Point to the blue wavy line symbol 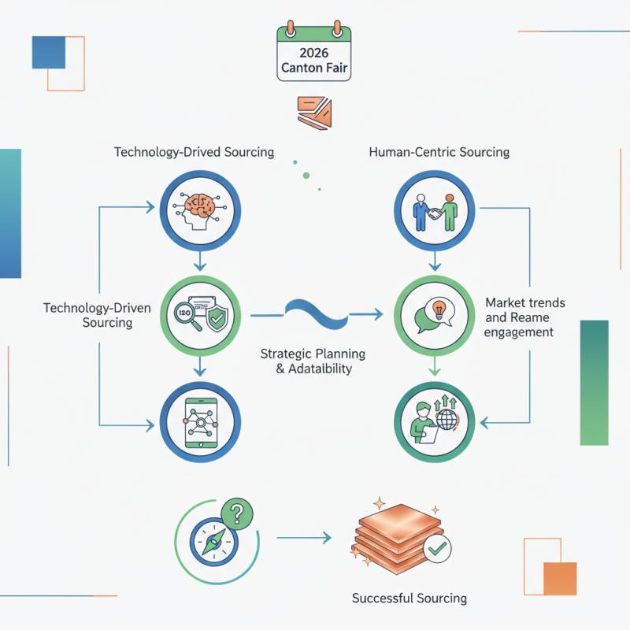[315, 313]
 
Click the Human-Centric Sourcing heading [439, 152]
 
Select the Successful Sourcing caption [409, 598]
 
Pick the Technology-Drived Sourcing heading [194, 152]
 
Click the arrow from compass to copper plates [303, 539]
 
